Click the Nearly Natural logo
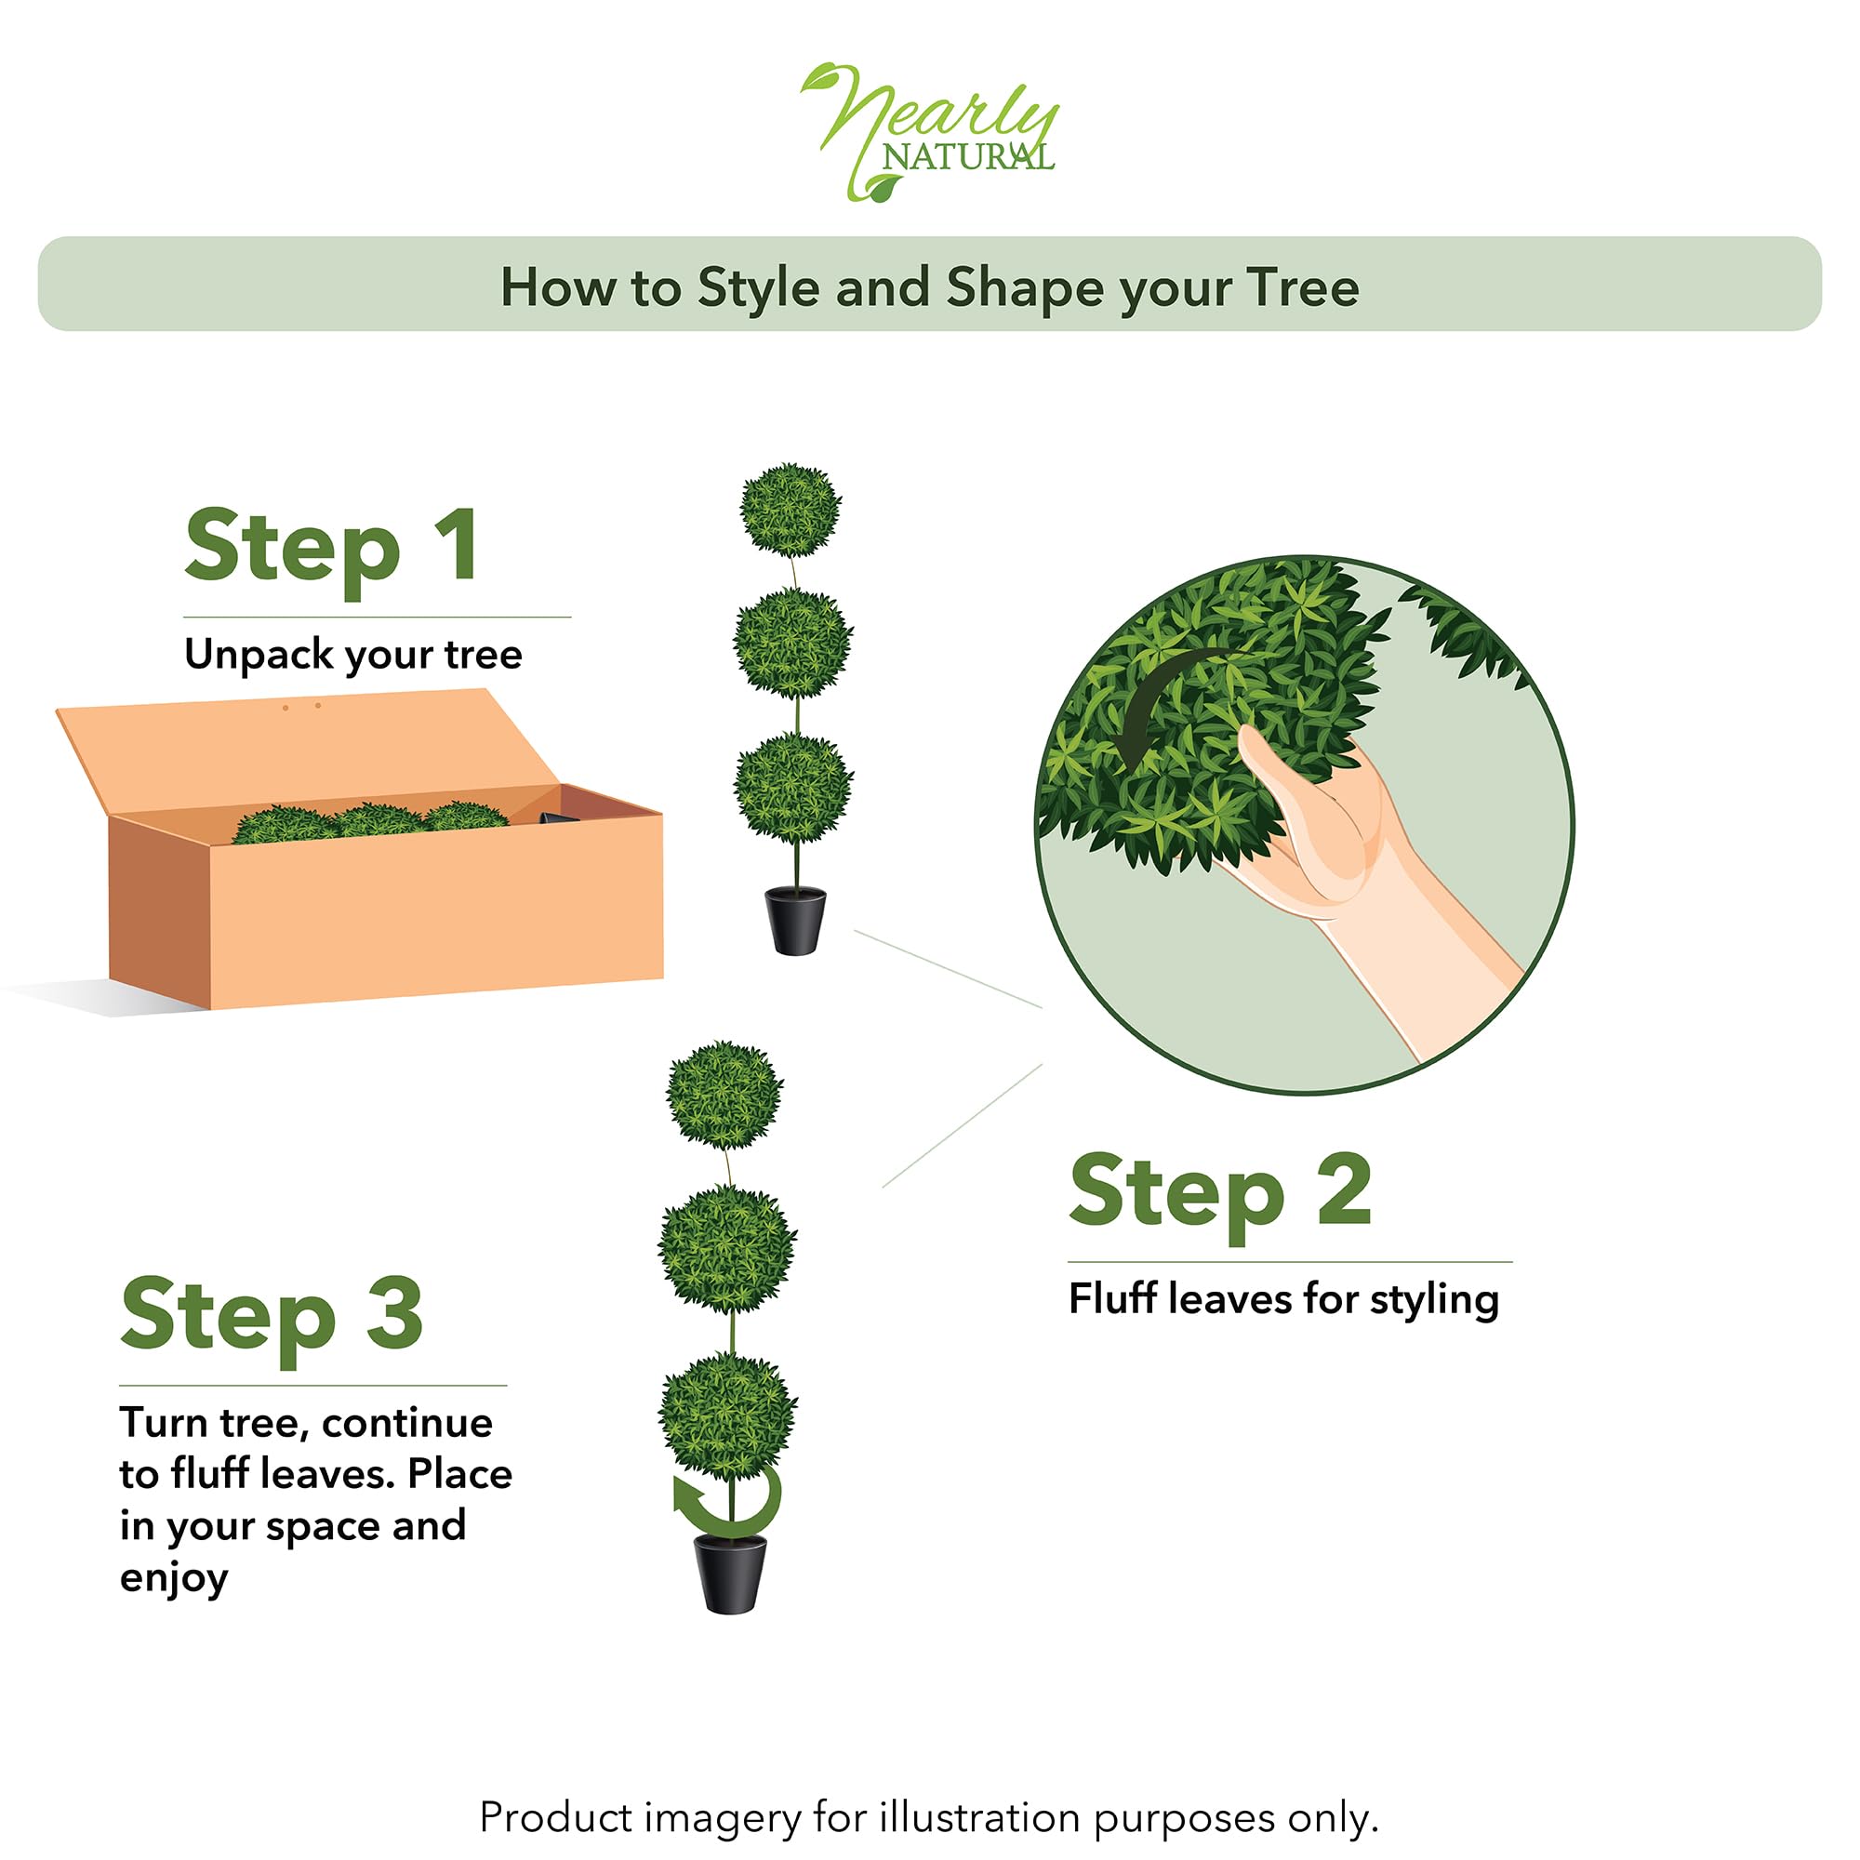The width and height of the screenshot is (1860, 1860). click(930, 132)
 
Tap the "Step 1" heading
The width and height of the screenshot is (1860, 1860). click(331, 546)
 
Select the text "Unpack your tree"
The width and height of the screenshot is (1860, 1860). click(353, 655)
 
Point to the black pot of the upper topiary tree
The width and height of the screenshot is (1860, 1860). click(795, 921)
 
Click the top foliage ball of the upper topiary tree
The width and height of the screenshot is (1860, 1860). click(791, 511)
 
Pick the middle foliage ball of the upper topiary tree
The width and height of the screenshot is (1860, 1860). click(793, 642)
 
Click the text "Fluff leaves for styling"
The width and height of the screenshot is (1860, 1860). click(1283, 1300)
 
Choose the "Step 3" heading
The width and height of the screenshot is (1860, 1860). click(272, 1315)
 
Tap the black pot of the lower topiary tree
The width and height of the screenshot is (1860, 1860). click(731, 1574)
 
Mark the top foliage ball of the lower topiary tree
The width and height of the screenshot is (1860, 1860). click(725, 1095)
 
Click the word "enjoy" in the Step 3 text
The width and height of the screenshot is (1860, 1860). click(173, 1579)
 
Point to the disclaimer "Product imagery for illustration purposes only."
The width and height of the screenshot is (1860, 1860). click(929, 1789)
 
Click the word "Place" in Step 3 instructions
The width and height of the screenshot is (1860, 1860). click(459, 1474)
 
